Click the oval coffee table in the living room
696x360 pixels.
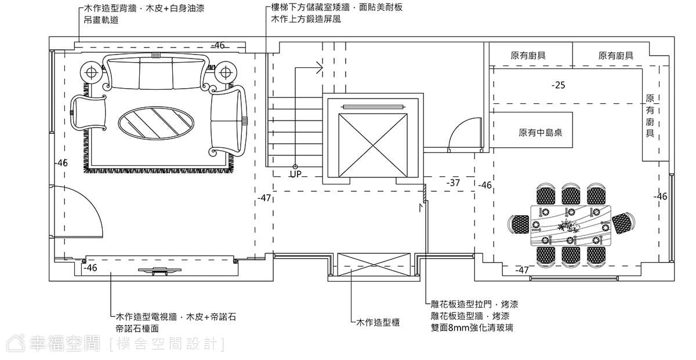coord(156,122)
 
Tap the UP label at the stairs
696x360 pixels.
coord(295,174)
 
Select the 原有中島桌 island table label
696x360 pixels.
coord(541,133)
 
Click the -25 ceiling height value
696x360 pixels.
coord(559,85)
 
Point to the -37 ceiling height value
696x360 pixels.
coord(453,183)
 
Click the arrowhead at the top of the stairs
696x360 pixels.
coord(320,68)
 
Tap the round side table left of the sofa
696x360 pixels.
coord(91,73)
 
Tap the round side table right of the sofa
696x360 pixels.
coord(226,73)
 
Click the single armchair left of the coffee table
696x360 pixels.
coord(88,112)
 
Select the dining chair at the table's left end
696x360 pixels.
coord(519,224)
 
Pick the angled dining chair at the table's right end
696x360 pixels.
coord(623,223)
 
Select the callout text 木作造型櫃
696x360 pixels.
coord(378,322)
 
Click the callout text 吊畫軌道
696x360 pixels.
coord(101,20)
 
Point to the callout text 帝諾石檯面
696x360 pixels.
coord(137,328)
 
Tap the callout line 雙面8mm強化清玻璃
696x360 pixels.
coord(472,328)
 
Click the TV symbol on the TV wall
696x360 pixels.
coord(159,271)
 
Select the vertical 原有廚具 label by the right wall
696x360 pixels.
coord(650,116)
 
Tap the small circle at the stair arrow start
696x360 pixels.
coord(295,167)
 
